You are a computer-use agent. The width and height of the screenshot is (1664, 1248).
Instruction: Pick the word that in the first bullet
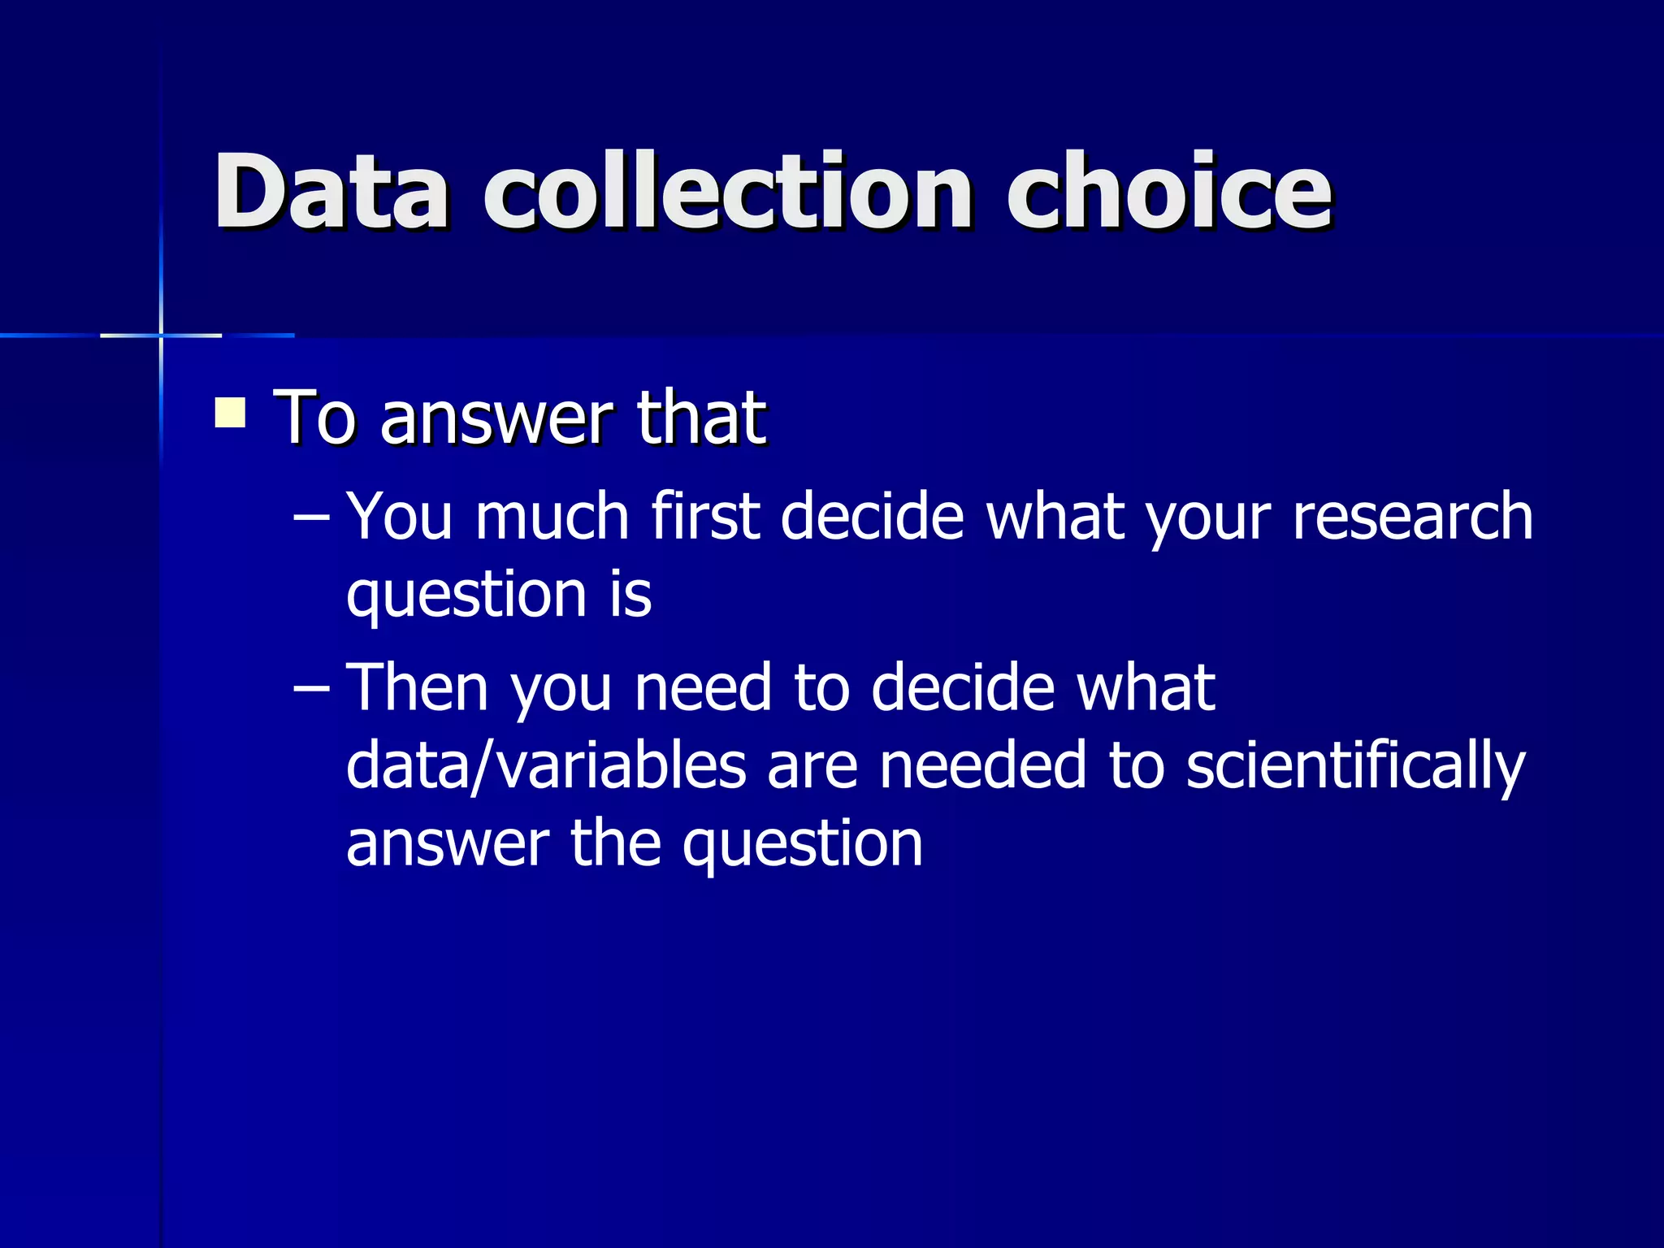pyautogui.click(x=700, y=418)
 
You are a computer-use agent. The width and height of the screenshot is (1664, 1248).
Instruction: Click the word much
pyautogui.click(x=552, y=517)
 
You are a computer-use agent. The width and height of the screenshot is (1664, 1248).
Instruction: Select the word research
pyautogui.click(x=1412, y=517)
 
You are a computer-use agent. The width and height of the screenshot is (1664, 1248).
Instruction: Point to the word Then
pyautogui.click(x=418, y=687)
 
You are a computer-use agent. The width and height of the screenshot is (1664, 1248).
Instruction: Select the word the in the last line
pyautogui.click(x=616, y=843)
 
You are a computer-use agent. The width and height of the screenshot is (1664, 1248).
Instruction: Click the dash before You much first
pyautogui.click(x=311, y=518)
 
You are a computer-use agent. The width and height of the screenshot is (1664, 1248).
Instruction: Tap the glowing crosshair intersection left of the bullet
pyautogui.click(x=161, y=335)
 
